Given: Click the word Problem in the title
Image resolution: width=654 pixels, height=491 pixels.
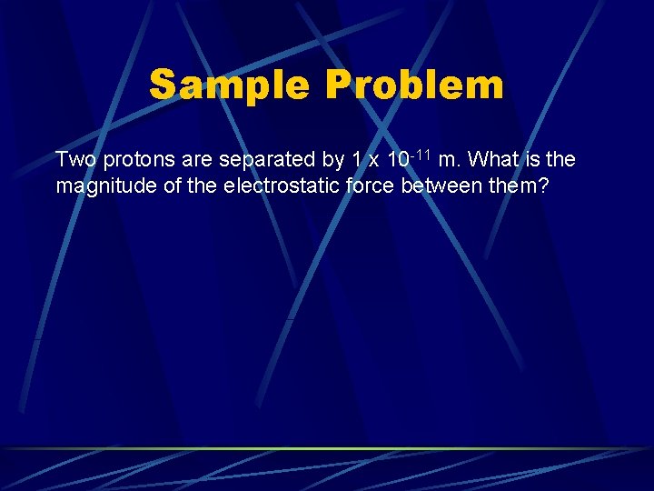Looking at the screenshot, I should [x=412, y=85].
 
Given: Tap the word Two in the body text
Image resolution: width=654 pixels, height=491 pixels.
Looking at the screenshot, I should [x=75, y=160].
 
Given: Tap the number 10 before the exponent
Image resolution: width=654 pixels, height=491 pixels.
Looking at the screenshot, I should [x=396, y=160].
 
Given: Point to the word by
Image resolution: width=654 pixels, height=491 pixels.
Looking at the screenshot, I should [x=333, y=160].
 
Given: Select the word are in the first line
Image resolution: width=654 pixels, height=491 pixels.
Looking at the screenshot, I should [x=196, y=160].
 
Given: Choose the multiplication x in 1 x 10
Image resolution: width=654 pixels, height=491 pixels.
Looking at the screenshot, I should [x=372, y=160].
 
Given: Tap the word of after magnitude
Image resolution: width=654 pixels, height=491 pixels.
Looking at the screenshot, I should [x=163, y=187].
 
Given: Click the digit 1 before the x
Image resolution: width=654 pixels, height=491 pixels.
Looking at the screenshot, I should [x=356, y=160].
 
